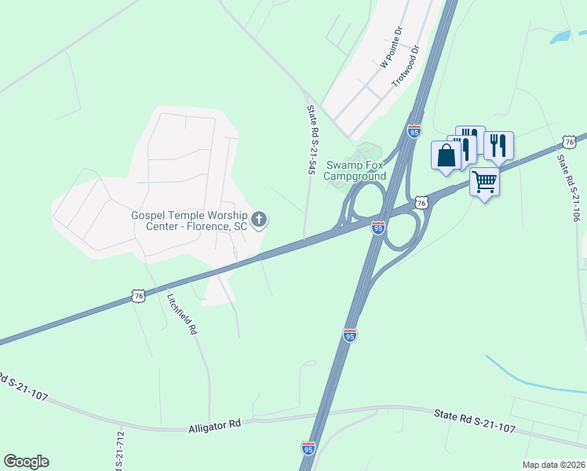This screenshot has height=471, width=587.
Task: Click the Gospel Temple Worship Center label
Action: (x=189, y=221)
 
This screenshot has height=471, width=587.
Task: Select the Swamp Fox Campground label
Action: (x=356, y=170)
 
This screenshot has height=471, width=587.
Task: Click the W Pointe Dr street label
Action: (x=391, y=47)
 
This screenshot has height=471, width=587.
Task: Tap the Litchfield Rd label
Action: (x=180, y=314)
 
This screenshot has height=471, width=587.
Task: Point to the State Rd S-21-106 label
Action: (x=571, y=188)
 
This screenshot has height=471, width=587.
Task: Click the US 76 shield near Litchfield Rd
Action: (x=138, y=296)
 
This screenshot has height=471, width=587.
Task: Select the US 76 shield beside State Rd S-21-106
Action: (x=570, y=141)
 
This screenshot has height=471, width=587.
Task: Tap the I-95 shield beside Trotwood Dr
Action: (x=414, y=131)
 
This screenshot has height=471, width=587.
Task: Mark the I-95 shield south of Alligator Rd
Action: (x=308, y=448)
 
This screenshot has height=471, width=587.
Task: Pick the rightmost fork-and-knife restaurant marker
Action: (x=498, y=144)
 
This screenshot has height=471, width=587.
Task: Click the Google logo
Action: (x=26, y=462)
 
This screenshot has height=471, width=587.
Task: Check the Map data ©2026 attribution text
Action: (x=552, y=465)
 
